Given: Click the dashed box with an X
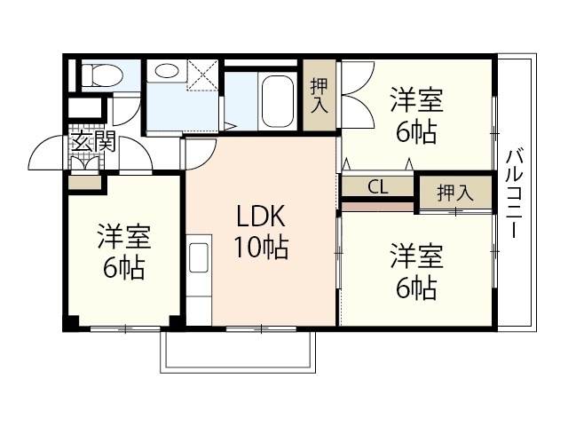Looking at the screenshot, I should [x=202, y=76].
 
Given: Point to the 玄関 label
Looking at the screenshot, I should [x=93, y=140].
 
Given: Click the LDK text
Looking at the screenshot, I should [x=260, y=217].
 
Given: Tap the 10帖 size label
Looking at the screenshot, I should [x=260, y=248].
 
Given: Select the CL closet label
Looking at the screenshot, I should [x=377, y=187].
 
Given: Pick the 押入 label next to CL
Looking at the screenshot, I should [x=454, y=192].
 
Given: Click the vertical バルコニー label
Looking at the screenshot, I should [x=514, y=195].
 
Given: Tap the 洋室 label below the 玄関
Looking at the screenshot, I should [x=124, y=237].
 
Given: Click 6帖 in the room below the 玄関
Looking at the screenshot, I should [x=124, y=268].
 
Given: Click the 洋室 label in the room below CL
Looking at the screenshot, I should [x=415, y=257].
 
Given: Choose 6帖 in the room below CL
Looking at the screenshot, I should [x=415, y=289].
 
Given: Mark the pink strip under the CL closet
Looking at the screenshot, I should [x=377, y=206].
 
